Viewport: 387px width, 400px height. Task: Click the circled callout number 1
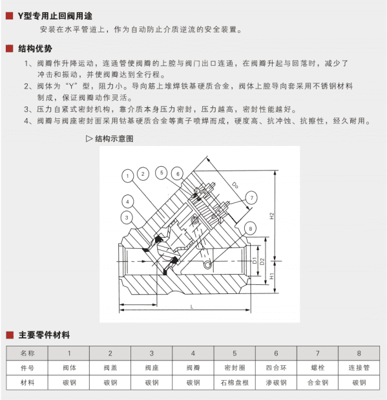tap(128, 175)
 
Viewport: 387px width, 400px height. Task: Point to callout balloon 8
tap(249, 229)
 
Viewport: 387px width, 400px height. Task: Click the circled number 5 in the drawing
tap(162, 173)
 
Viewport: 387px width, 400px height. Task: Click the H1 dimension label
tap(272, 276)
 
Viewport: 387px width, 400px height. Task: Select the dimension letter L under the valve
tap(192, 306)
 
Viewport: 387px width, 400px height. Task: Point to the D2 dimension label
tap(262, 261)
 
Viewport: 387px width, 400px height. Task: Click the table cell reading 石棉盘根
tap(235, 383)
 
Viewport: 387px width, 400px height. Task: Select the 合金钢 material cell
tap(317, 383)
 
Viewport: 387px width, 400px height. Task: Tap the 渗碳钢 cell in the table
tap(276, 383)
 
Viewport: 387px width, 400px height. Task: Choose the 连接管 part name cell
tap(359, 368)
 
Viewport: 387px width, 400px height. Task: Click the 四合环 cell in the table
tap(276, 368)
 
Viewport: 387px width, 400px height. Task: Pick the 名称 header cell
tap(28, 353)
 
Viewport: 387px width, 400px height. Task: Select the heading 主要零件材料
tap(44, 335)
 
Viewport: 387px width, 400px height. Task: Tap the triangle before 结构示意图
tap(89, 138)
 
